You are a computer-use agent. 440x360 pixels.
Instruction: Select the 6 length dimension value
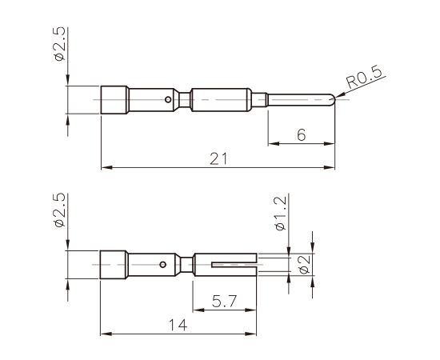tap(301, 135)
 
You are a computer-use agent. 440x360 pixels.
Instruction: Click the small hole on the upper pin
tap(167, 100)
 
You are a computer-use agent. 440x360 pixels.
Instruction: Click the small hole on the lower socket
tap(162, 263)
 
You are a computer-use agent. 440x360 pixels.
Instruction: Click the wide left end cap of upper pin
tap(114, 100)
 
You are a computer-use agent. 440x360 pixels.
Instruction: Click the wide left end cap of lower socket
tap(114, 263)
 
